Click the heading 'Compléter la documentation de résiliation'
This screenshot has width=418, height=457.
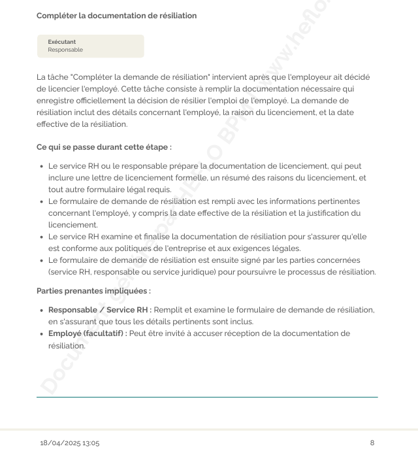click(117, 16)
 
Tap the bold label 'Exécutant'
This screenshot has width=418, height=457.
click(62, 42)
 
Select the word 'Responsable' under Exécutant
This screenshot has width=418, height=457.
click(65, 50)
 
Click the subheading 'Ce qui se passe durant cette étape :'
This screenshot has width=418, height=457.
click(104, 148)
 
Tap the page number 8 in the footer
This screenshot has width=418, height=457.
click(372, 443)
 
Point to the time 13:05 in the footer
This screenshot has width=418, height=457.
click(90, 443)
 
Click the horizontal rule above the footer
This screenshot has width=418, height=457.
click(207, 397)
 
